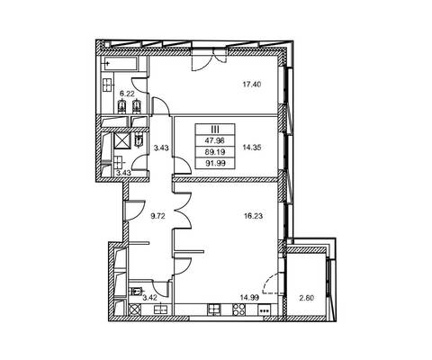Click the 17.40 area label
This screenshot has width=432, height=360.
252,85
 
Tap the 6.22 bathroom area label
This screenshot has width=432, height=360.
127,94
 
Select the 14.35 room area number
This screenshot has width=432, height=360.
252,148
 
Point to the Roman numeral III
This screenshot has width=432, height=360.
215,130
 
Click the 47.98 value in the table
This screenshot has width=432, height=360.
215,140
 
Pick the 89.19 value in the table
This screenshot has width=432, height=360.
215,152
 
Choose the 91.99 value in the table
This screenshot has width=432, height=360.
215,163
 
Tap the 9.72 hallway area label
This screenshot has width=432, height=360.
158,216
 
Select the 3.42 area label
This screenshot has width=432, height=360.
149,298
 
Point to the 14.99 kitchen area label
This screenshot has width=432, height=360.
249,297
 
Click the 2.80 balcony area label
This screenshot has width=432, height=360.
307,298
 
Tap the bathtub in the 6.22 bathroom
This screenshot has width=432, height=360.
120,64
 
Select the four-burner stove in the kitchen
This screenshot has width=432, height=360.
238,310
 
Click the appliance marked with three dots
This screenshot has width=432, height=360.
264,310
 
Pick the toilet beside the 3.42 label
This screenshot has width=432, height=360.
136,291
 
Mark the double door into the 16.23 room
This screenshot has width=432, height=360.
183,211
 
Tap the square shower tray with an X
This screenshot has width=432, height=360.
122,140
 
